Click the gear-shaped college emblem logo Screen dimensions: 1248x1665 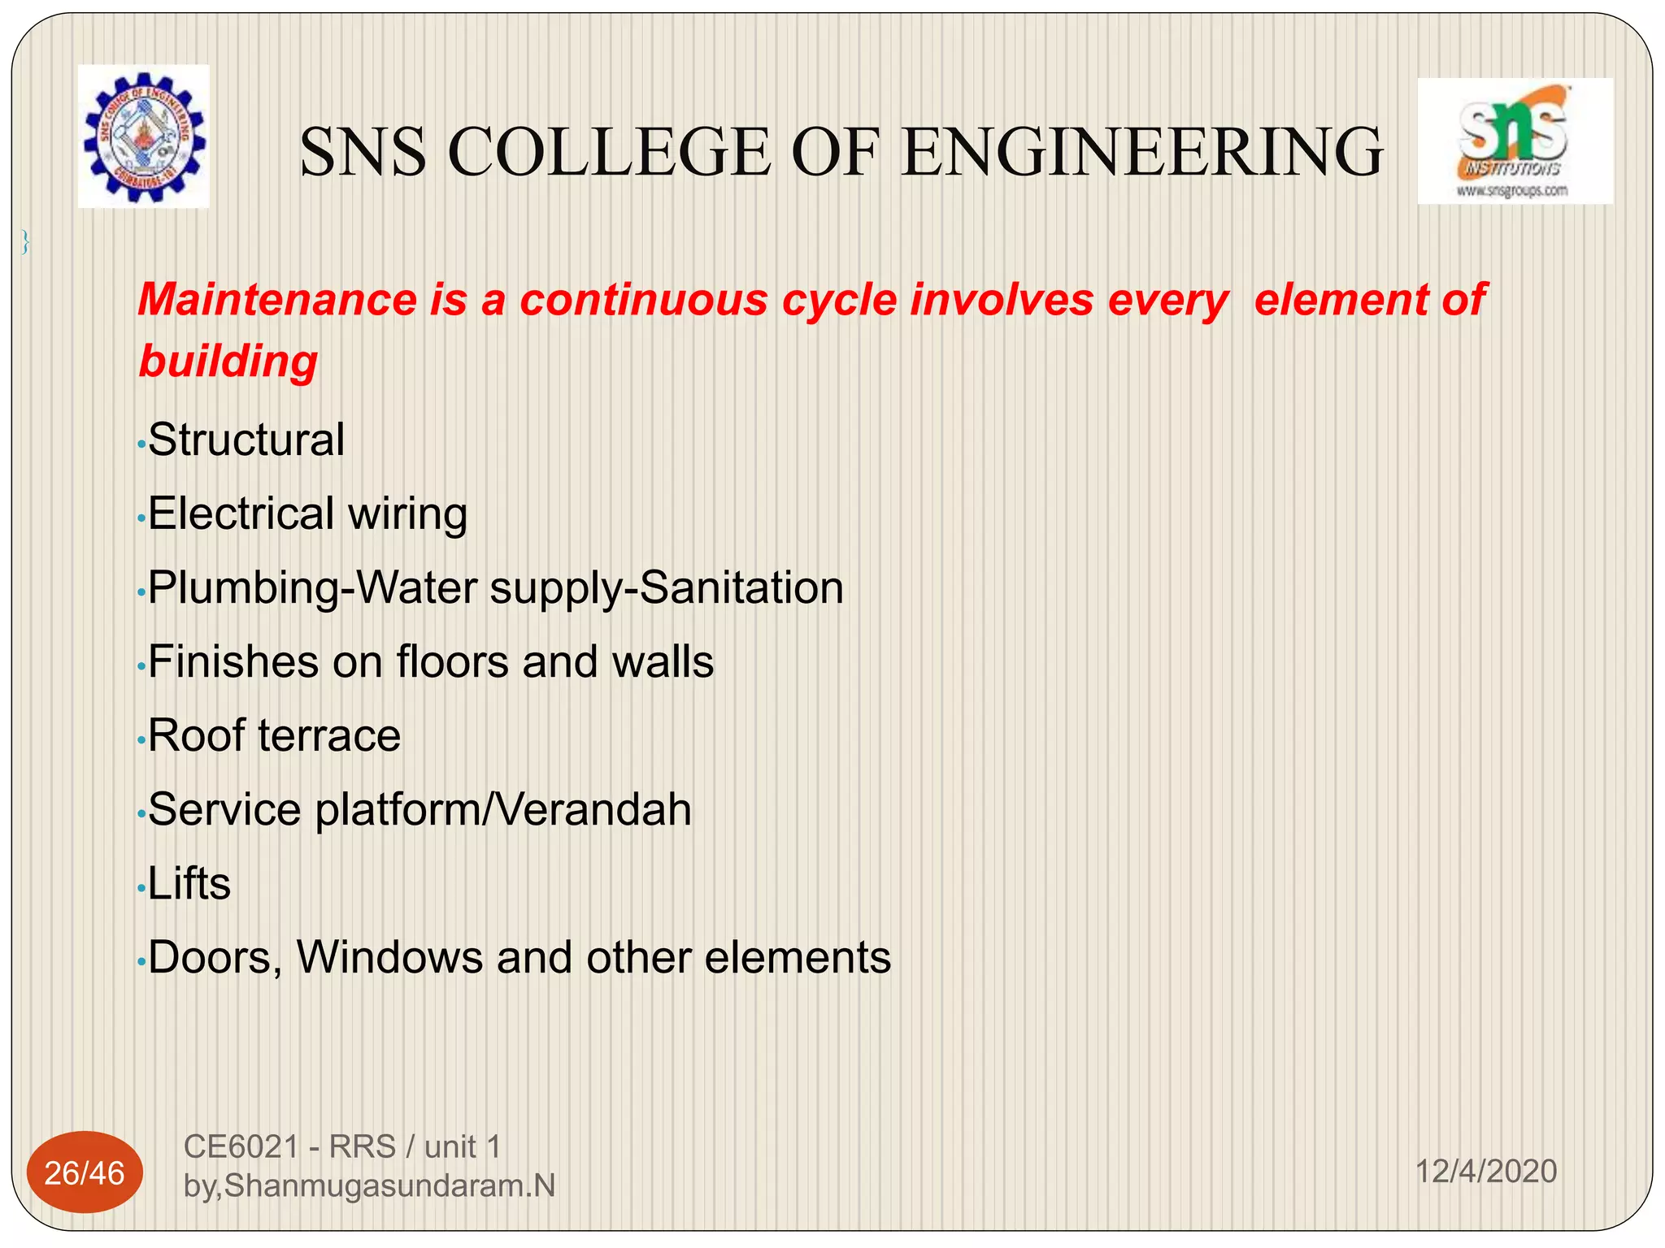pos(144,136)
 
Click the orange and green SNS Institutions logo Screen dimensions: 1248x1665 pos(1515,140)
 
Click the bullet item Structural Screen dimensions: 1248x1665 pos(246,440)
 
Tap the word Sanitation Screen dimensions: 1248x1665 pos(741,587)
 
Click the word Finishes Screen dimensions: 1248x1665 pos(233,661)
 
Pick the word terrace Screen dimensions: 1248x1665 pos(329,736)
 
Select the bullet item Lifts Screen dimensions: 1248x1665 pos(189,883)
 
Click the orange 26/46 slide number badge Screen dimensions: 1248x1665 pos(85,1172)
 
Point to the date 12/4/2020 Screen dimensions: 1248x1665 pos(1485,1172)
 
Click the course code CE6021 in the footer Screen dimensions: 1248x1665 pos(241,1147)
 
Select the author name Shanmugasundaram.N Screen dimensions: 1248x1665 pos(389,1186)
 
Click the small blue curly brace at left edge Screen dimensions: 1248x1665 pos(25,242)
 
